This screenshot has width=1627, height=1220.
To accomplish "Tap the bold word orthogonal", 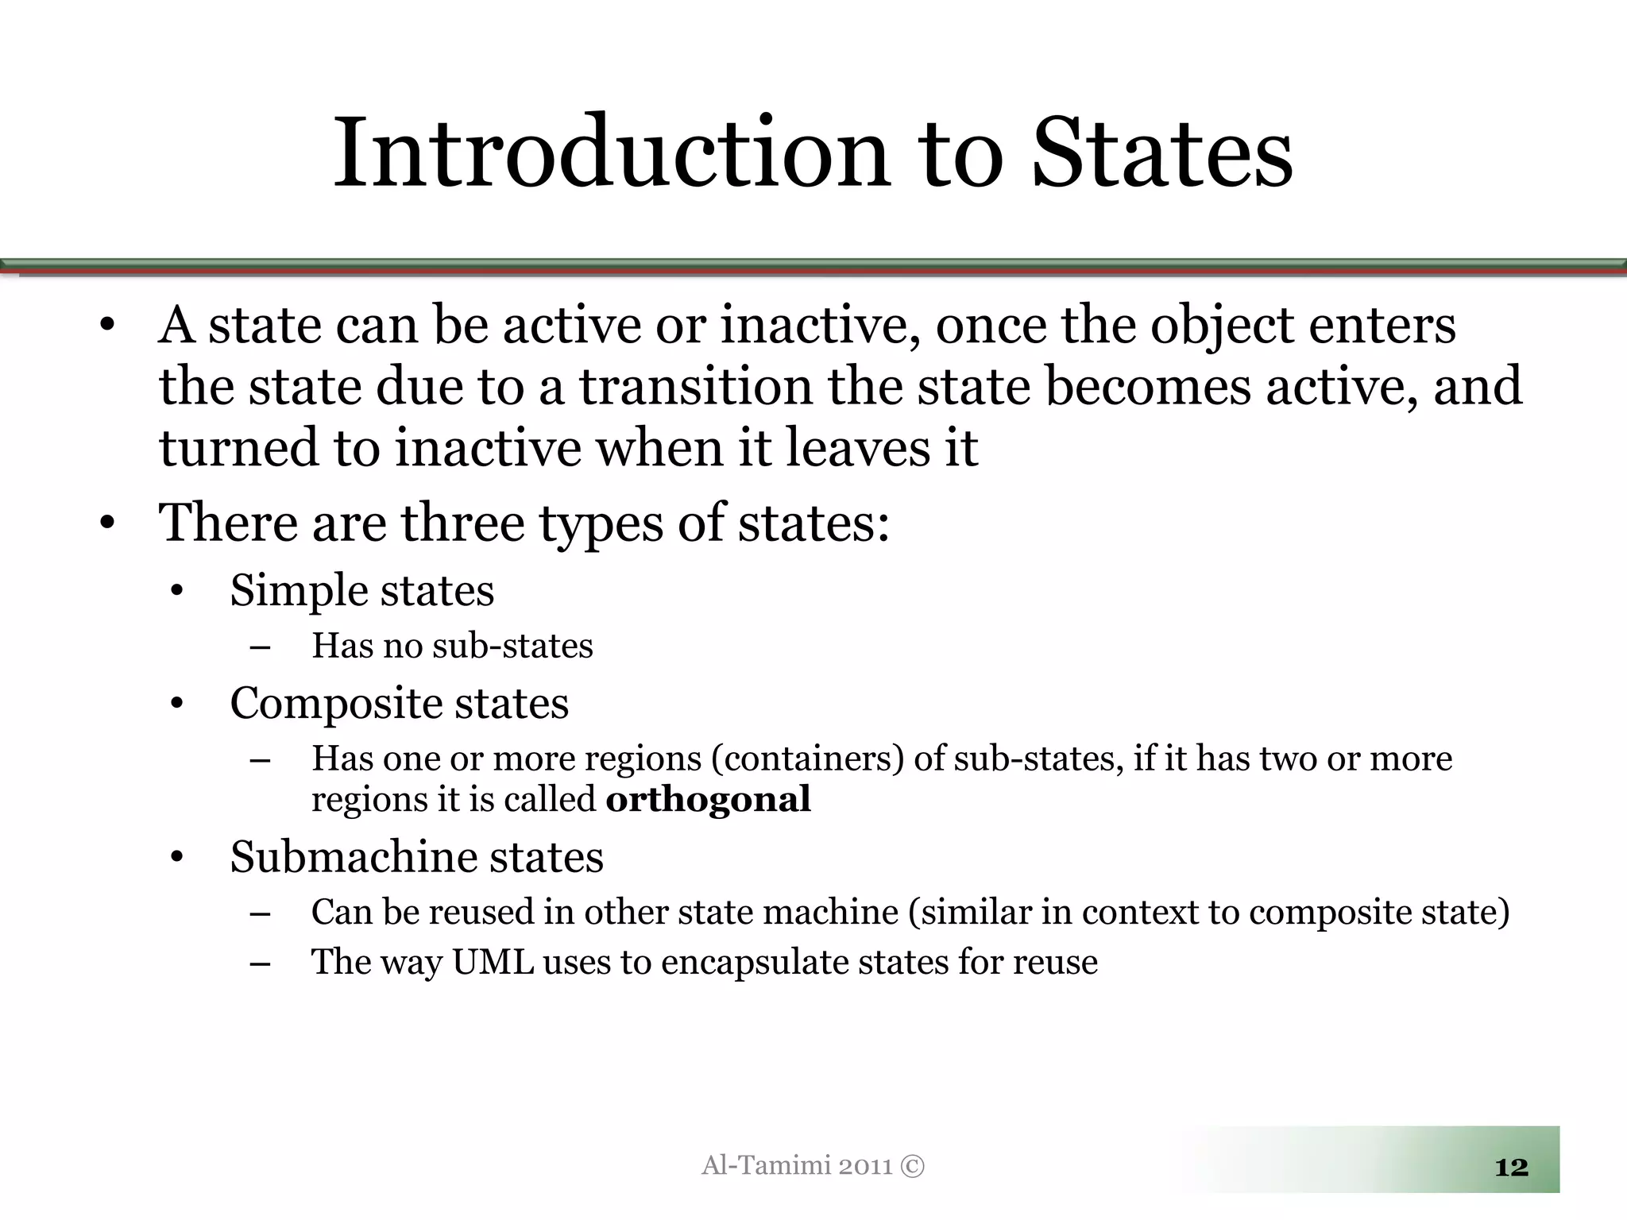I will [x=708, y=799].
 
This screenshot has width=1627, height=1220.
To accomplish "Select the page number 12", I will [x=1511, y=1167].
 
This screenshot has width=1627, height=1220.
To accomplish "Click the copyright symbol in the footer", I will [x=914, y=1166].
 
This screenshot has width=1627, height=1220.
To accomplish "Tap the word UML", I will [x=493, y=962].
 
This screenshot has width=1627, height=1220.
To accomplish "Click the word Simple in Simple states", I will [x=300, y=592].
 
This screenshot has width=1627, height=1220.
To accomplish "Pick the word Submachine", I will [x=353, y=858].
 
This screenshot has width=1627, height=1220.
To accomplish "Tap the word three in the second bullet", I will [x=462, y=523].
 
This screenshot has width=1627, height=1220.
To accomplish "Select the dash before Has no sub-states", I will [x=259, y=647].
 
